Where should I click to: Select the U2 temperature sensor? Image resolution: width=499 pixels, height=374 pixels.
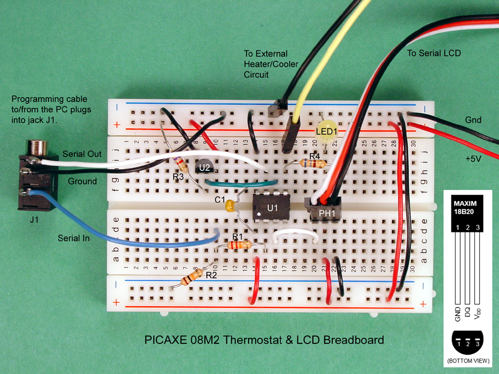(204, 168)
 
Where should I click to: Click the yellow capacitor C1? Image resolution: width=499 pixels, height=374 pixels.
(230, 205)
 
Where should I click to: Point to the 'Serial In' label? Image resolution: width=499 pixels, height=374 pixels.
(74, 238)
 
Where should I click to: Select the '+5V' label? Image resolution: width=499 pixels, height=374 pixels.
(474, 158)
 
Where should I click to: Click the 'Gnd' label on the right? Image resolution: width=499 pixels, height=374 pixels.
(473, 120)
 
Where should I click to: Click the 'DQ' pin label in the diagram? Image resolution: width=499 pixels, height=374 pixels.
(468, 311)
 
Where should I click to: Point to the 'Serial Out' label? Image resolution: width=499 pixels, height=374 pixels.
(82, 154)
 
